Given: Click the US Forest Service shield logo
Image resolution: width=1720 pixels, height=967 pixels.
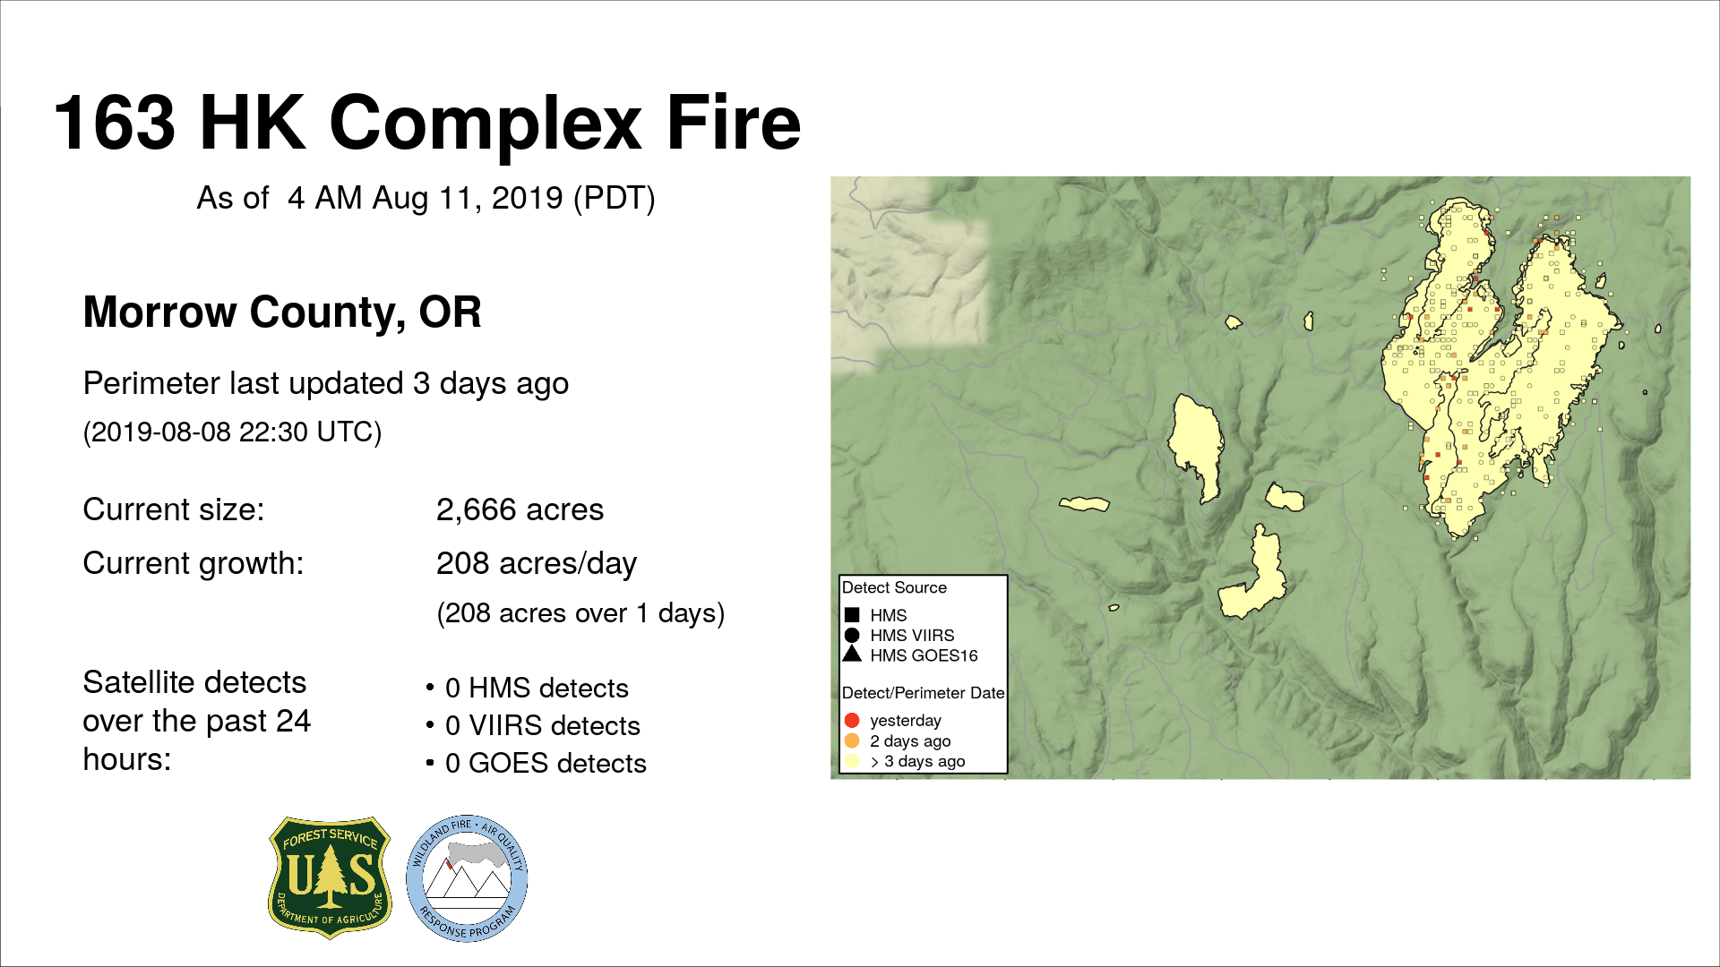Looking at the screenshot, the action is pyautogui.click(x=330, y=877).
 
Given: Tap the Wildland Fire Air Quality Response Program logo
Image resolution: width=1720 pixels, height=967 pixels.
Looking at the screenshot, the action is pyautogui.click(x=467, y=878).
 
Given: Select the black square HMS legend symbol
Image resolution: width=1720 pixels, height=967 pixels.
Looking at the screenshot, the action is pyautogui.click(x=852, y=615).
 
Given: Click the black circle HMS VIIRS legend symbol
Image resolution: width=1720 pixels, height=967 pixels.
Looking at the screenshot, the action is pyautogui.click(x=852, y=635).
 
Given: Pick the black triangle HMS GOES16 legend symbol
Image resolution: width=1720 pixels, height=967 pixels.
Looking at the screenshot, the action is pyautogui.click(x=852, y=655).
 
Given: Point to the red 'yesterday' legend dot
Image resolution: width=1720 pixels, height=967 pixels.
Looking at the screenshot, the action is pyautogui.click(x=852, y=721).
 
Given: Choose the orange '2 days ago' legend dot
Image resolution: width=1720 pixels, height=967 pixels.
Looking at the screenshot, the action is pyautogui.click(x=852, y=740).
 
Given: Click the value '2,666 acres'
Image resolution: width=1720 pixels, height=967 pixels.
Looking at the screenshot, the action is pyautogui.click(x=520, y=509).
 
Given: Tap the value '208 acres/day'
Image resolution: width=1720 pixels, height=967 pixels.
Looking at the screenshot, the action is pyautogui.click(x=537, y=563).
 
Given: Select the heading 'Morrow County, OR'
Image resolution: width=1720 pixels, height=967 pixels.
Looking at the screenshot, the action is pyautogui.click(x=282, y=312).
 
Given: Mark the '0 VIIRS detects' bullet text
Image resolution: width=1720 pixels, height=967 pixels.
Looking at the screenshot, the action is pyautogui.click(x=543, y=725).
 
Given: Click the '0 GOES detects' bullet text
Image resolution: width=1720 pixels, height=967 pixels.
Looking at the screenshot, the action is pyautogui.click(x=546, y=763).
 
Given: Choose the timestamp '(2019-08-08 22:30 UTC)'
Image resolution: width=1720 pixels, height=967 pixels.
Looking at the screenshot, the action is pyautogui.click(x=233, y=432).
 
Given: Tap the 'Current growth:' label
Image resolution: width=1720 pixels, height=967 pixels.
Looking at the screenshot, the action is pyautogui.click(x=193, y=563).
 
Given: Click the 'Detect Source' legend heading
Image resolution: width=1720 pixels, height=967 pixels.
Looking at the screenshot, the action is pyautogui.click(x=894, y=587).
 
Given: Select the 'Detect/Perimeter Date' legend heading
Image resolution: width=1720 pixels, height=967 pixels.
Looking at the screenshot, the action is pyautogui.click(x=923, y=693).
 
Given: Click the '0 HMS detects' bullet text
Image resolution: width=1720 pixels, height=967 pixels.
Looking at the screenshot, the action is pyautogui.click(x=537, y=688).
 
